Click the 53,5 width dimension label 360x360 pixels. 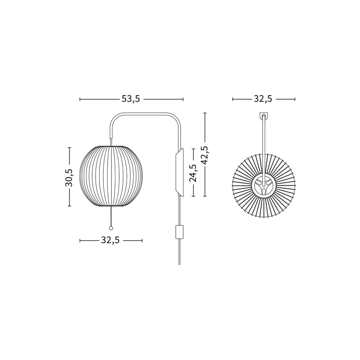(131, 99)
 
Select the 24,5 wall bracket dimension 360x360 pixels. (193, 173)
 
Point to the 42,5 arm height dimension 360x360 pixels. (205, 155)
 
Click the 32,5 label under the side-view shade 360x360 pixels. (110, 240)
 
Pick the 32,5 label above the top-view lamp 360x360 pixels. (263, 99)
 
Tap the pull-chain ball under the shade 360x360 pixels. (111, 228)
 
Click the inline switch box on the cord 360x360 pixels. (179, 232)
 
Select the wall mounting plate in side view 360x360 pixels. (179, 172)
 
